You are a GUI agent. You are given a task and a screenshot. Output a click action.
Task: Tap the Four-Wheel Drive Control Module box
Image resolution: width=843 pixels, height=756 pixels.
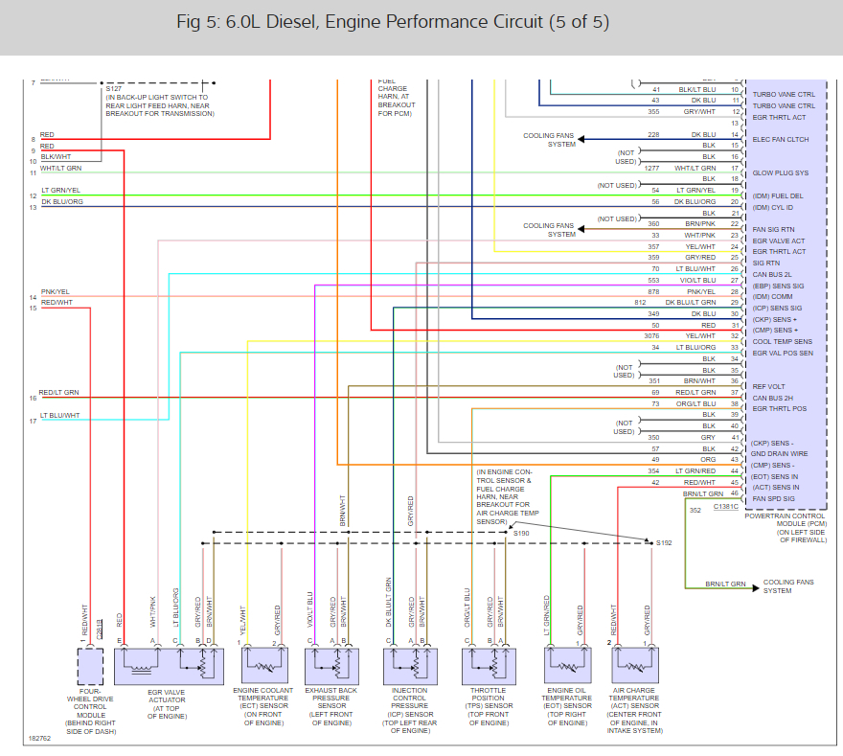click(90, 663)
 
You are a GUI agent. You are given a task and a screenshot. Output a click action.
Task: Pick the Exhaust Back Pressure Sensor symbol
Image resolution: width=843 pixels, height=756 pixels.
click(331, 663)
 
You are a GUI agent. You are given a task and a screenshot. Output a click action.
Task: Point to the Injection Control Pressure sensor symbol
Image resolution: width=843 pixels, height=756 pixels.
click(410, 663)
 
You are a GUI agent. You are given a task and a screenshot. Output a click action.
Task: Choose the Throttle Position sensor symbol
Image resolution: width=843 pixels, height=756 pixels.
click(489, 663)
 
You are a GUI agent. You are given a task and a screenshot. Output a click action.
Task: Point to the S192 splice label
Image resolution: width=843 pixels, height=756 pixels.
click(664, 543)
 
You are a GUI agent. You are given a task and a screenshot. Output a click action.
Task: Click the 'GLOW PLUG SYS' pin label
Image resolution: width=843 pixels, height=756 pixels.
click(781, 173)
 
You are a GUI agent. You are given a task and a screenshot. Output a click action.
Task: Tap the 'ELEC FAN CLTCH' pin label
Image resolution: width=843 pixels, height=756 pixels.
click(781, 140)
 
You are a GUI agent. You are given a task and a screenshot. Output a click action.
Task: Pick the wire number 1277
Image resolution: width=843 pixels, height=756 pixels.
click(651, 168)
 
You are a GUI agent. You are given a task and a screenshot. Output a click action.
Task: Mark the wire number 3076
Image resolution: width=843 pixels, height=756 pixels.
click(651, 335)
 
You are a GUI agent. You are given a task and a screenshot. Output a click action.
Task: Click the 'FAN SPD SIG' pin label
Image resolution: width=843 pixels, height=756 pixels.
click(775, 498)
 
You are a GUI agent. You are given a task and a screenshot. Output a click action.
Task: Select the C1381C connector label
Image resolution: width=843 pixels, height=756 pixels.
click(725, 505)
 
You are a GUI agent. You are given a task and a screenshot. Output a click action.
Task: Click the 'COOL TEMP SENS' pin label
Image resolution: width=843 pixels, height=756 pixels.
click(783, 341)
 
